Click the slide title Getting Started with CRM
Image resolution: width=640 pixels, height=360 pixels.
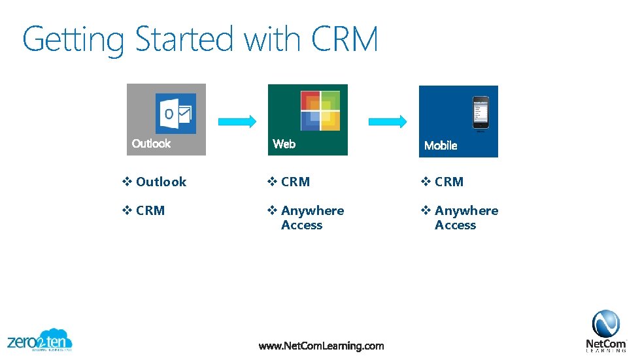pos(200,39)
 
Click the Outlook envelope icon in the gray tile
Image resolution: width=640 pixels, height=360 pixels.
pos(175,114)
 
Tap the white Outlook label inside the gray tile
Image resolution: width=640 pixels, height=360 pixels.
pos(151,144)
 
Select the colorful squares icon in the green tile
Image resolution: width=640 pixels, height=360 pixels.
pos(320,110)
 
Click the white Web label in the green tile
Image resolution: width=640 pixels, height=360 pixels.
pos(284,144)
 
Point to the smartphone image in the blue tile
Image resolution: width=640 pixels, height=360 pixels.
pos(480,113)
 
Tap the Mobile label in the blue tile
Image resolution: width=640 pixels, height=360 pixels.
pos(441,146)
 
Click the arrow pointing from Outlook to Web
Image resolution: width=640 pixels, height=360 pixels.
pos(237,121)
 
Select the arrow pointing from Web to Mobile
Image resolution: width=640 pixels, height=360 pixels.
pos(388,121)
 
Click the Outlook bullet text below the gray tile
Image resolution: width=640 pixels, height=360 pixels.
pos(161,182)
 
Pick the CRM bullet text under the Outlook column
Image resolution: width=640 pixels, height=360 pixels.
pos(150,211)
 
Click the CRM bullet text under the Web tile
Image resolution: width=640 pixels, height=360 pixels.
pos(295,182)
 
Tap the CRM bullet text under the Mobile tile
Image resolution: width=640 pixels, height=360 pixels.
pos(449,182)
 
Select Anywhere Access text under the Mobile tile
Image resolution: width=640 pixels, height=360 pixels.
pos(465,218)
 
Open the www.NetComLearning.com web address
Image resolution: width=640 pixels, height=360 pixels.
pos(321,346)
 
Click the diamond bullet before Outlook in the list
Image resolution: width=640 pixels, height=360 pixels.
pos(127,182)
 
